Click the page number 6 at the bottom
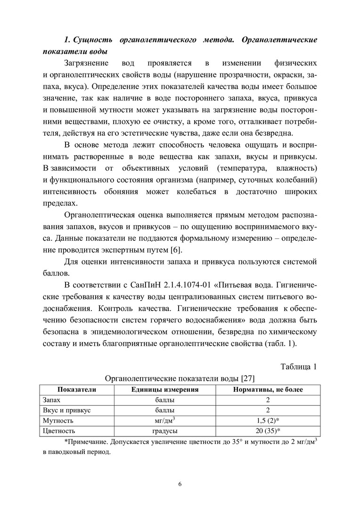click(180, 484)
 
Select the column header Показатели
click(77, 389)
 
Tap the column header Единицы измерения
click(164, 389)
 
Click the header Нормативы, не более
click(268, 389)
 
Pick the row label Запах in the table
click(51, 400)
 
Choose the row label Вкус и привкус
click(66, 410)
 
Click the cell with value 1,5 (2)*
click(268, 420)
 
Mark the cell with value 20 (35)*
click(268, 431)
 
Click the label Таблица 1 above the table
click(299, 367)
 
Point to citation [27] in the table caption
click(248, 378)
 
